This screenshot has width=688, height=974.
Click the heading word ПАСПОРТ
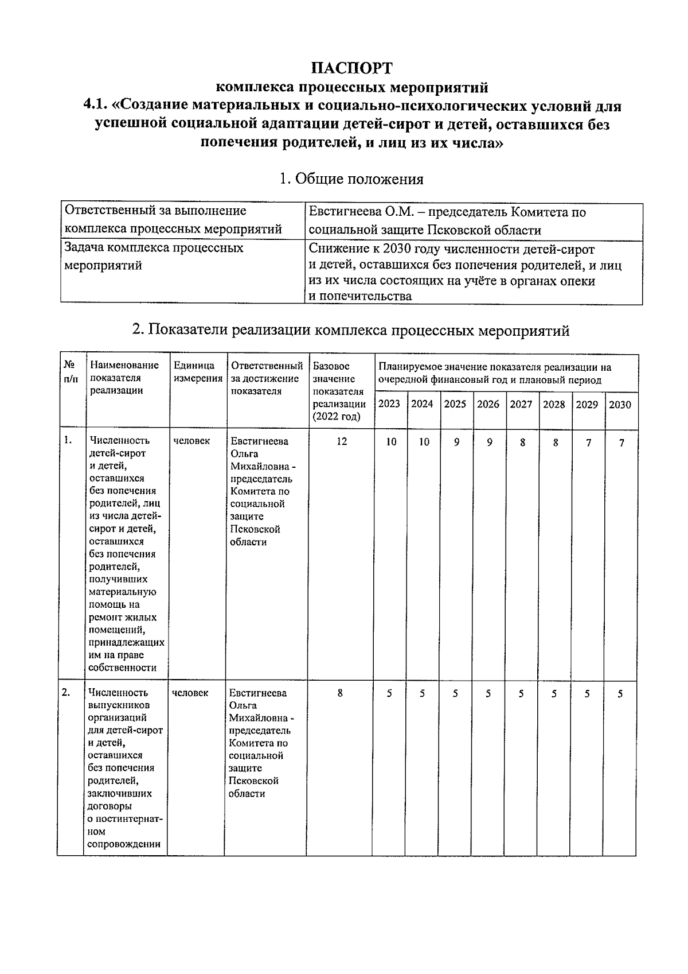[x=352, y=68]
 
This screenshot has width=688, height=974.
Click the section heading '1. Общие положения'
[x=351, y=179]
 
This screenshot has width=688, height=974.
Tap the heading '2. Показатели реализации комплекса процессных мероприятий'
[x=351, y=330]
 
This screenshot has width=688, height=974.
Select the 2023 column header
[x=389, y=404]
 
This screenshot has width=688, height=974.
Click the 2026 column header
[x=488, y=404]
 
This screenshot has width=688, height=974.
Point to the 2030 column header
[x=620, y=405]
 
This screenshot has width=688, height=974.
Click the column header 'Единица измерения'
[x=198, y=372]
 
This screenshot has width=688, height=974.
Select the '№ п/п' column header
[x=71, y=372]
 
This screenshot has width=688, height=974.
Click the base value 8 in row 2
[x=340, y=693]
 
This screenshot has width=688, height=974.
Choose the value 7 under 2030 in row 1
[x=621, y=443]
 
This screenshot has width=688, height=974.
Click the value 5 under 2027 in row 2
[x=521, y=693]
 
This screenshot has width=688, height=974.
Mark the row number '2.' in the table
[x=67, y=693]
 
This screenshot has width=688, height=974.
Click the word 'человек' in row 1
[x=191, y=441]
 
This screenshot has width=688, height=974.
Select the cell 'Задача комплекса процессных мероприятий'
[x=154, y=257]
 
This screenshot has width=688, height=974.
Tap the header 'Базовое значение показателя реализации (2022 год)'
[x=339, y=391]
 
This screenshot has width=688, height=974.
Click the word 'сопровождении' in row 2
[x=124, y=844]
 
